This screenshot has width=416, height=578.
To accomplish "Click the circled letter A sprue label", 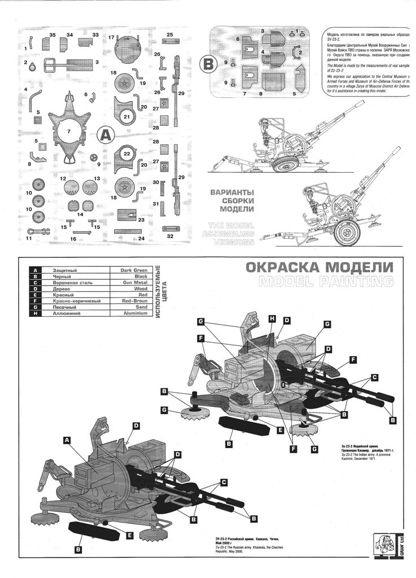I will (105, 135).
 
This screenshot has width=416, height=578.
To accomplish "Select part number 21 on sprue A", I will (126, 117).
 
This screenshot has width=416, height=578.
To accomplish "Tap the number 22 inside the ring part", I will (126, 154).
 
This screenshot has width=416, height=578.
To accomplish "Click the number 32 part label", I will (169, 237).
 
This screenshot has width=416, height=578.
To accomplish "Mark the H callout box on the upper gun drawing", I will (272, 319).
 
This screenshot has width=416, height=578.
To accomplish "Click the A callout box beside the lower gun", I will (67, 439).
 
